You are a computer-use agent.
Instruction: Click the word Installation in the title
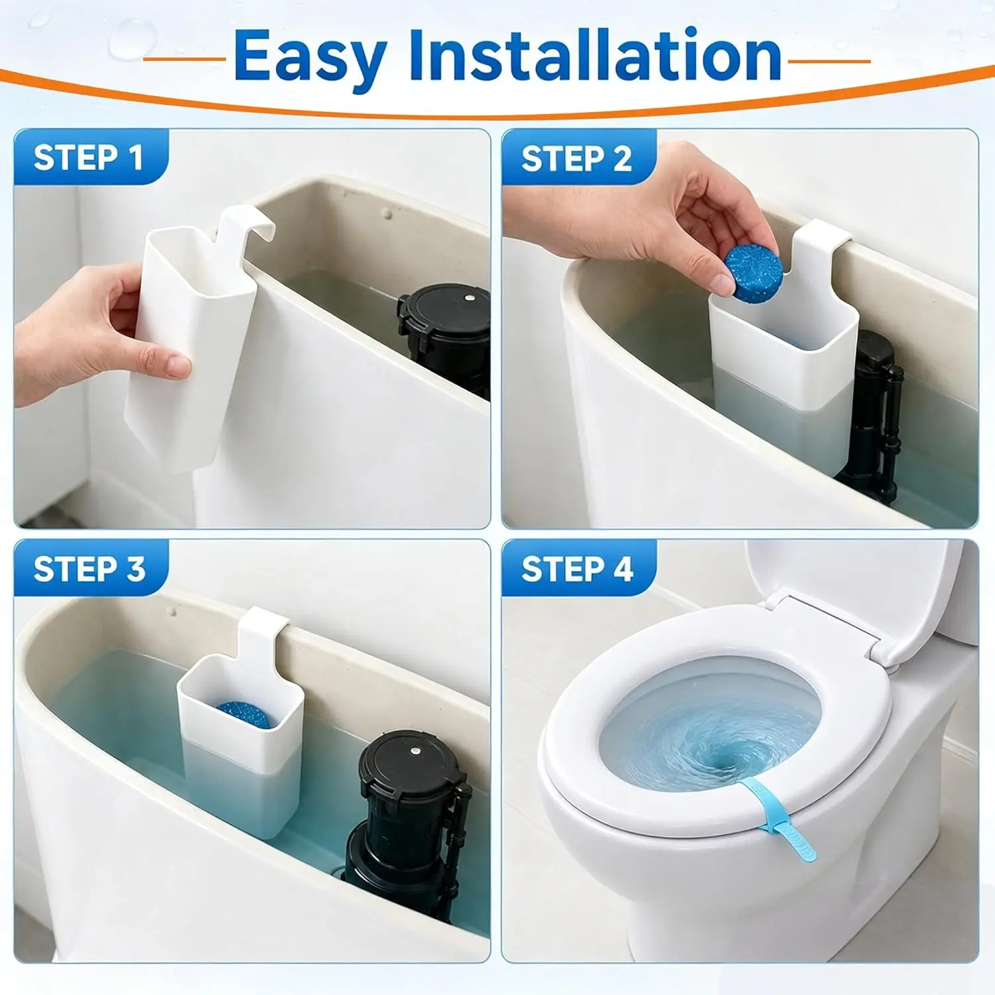[596, 56]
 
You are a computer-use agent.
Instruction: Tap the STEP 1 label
[88, 158]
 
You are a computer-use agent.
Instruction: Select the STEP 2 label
[576, 159]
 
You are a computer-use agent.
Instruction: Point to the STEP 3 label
[90, 569]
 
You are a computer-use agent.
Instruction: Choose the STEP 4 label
[577, 569]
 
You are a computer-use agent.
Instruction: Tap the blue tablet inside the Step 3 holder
[243, 714]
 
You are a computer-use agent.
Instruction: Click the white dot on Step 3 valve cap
[414, 752]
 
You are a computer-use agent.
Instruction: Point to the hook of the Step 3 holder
[263, 630]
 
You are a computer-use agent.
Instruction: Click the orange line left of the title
[184, 59]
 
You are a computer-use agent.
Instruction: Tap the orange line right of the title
[829, 61]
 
